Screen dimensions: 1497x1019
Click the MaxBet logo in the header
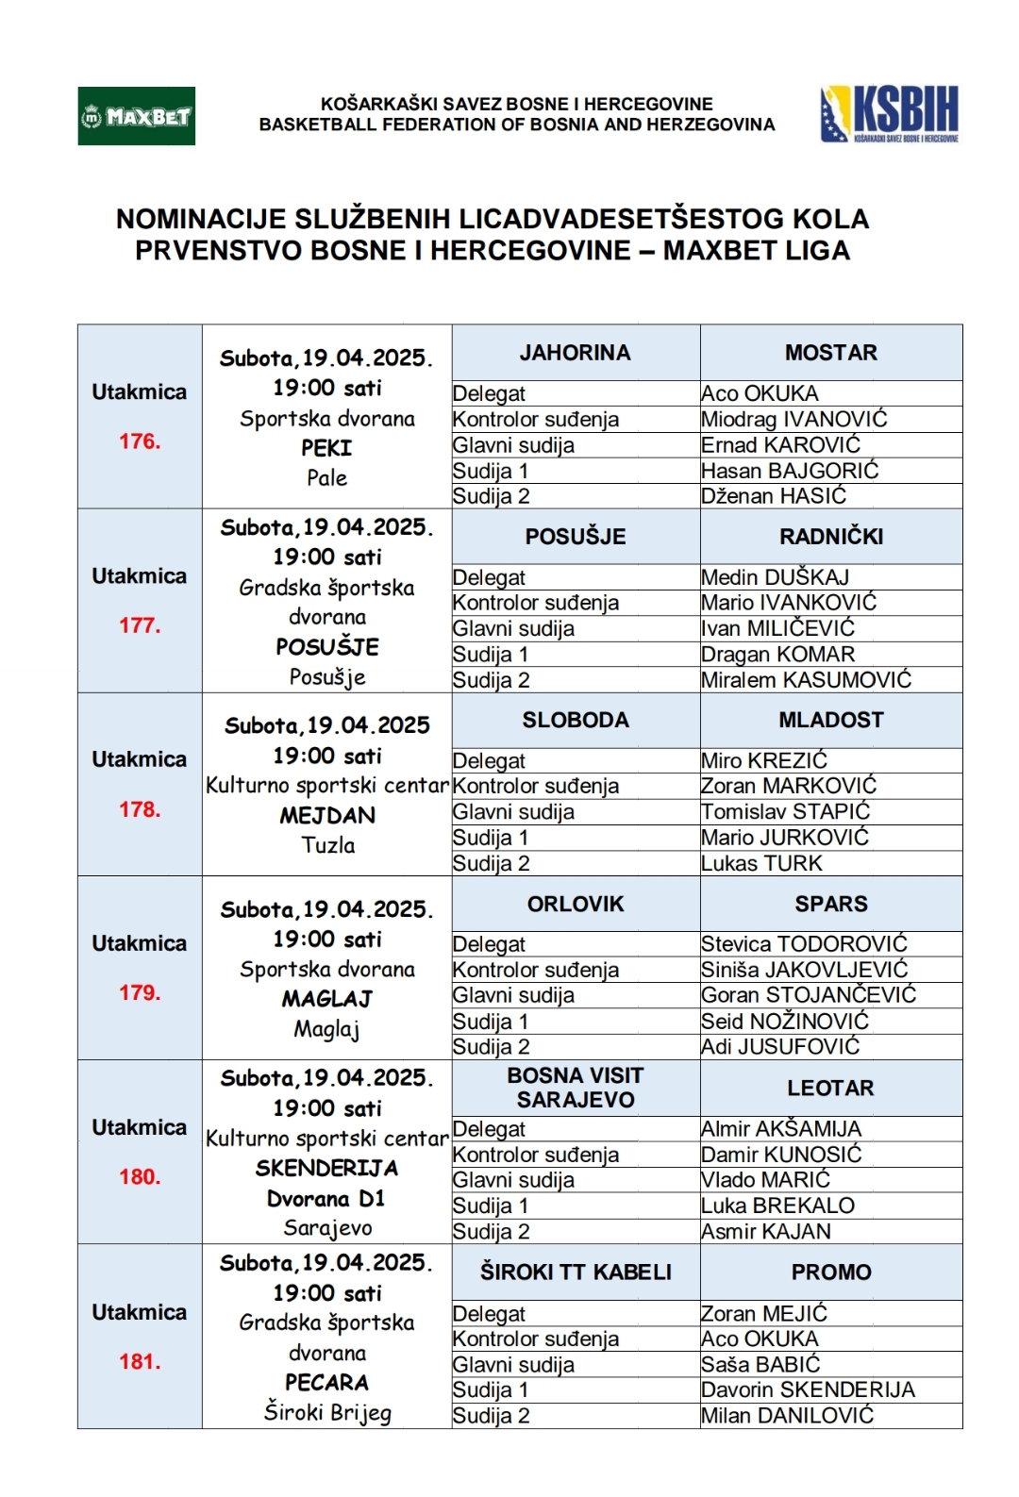pos(136,116)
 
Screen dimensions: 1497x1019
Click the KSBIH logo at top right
pos(890,114)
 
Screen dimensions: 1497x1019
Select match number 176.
pos(140,441)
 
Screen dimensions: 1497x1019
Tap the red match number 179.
pos(140,992)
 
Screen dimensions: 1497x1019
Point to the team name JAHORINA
pos(575,353)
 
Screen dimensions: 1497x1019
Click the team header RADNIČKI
pos(830,537)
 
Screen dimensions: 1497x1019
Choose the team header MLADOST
pos(830,720)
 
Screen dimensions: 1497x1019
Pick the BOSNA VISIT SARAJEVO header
pos(575,1088)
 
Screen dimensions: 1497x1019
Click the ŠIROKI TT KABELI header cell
pos(575,1272)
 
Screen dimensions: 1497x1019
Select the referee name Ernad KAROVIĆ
pos(780,445)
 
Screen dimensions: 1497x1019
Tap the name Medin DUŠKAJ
pos(775,577)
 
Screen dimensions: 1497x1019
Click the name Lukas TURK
pos(761,863)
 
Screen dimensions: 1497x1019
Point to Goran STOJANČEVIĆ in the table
pos(808,995)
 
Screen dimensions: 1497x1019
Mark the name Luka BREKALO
pos(777,1206)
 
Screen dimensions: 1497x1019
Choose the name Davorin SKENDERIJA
pos(808,1389)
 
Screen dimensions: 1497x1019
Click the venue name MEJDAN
pos(327,816)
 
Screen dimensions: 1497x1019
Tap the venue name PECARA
pos(327,1383)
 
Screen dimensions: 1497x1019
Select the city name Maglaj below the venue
pos(326,1029)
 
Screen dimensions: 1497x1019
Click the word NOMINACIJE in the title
pos(201,219)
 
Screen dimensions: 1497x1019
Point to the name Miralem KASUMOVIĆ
pos(806,680)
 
